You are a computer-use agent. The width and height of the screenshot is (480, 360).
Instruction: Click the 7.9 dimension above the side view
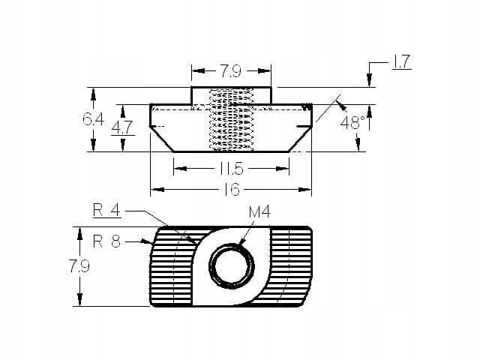[x=230, y=73]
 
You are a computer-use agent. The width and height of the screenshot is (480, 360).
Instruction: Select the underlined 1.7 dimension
[x=401, y=62]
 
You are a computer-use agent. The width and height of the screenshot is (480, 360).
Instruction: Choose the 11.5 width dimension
[x=232, y=169]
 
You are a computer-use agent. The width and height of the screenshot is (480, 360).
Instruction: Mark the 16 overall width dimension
[x=232, y=190]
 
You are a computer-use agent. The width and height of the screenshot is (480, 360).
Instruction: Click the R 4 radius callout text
[x=106, y=211]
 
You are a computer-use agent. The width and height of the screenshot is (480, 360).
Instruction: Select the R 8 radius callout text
[x=107, y=241]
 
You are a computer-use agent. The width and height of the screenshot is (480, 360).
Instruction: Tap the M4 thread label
[x=259, y=213]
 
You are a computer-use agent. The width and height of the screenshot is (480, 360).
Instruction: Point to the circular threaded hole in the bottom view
[x=228, y=265]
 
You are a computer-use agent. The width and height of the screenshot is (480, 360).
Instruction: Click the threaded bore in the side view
[x=231, y=120]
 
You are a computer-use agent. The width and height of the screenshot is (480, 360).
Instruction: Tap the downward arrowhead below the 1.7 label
[x=369, y=82]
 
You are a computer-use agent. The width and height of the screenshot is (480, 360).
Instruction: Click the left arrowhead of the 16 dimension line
[x=155, y=190]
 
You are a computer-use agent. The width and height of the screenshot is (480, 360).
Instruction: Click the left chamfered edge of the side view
[x=162, y=139]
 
